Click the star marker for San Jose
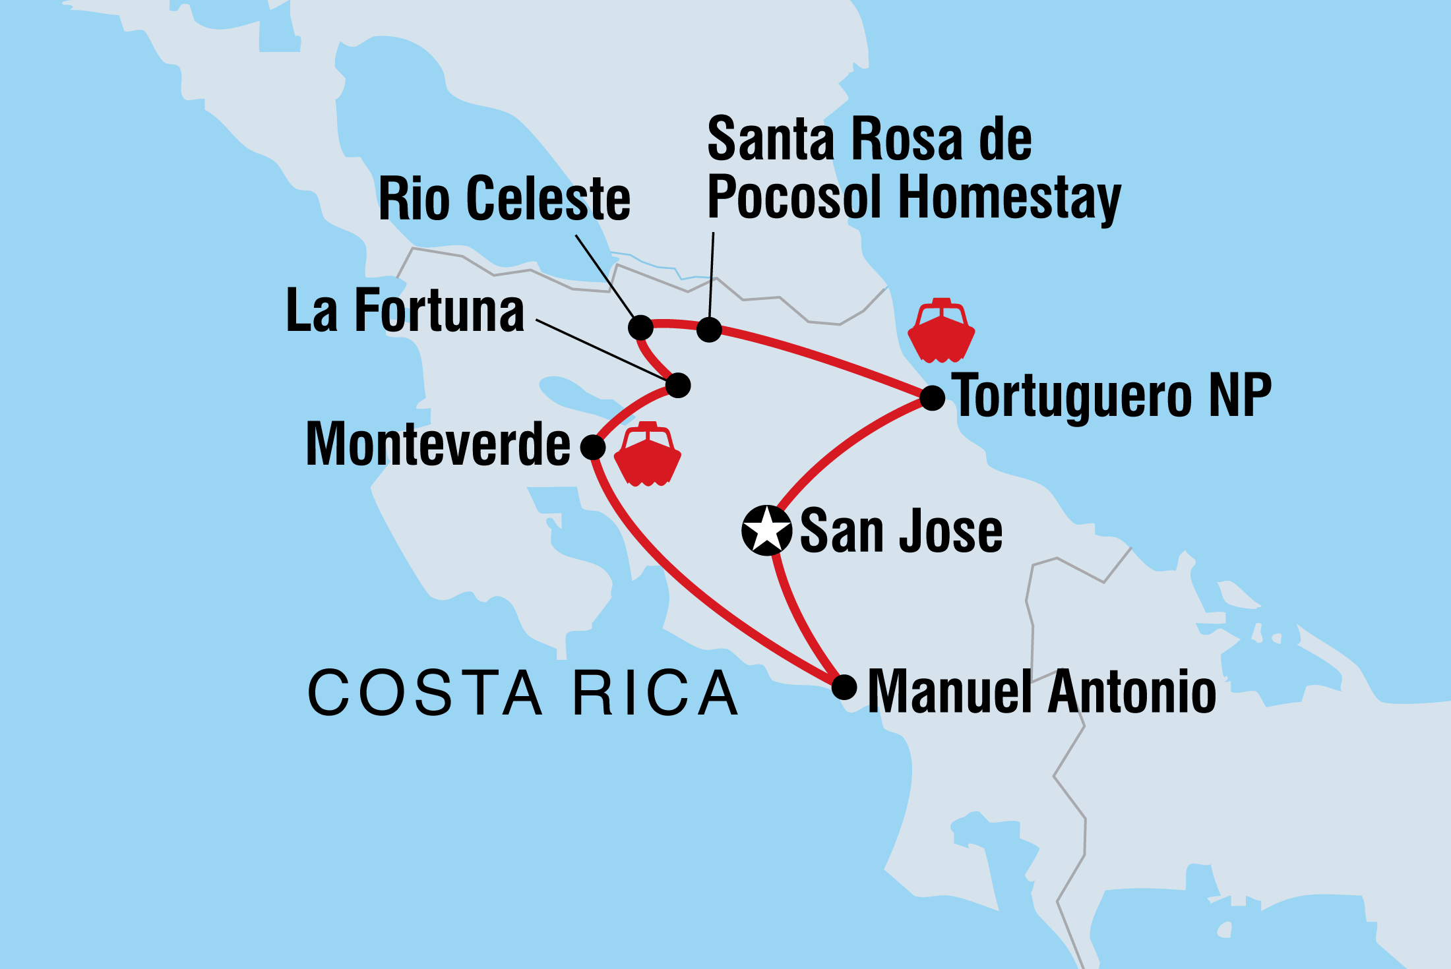[766, 530]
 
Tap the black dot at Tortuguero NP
[932, 397]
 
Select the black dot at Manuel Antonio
[844, 687]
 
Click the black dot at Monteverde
[593, 447]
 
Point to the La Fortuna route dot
[678, 385]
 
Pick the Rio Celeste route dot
[640, 327]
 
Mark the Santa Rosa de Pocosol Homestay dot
[709, 330]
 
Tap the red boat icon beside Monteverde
[648, 455]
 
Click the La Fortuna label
[405, 310]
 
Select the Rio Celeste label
[505, 198]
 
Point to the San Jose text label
[901, 531]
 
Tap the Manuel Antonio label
[1042, 691]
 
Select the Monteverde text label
[438, 445]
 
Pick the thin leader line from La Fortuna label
[600, 349]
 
